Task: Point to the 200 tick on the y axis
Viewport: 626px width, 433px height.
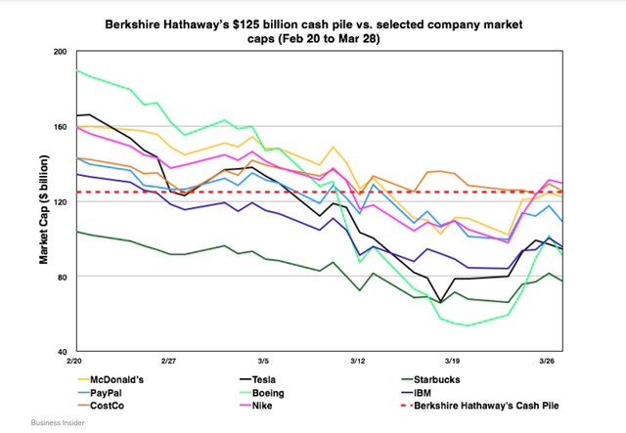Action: coord(61,52)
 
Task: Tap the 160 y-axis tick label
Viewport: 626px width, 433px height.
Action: coord(61,126)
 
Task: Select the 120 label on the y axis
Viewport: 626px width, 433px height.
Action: coord(61,201)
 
